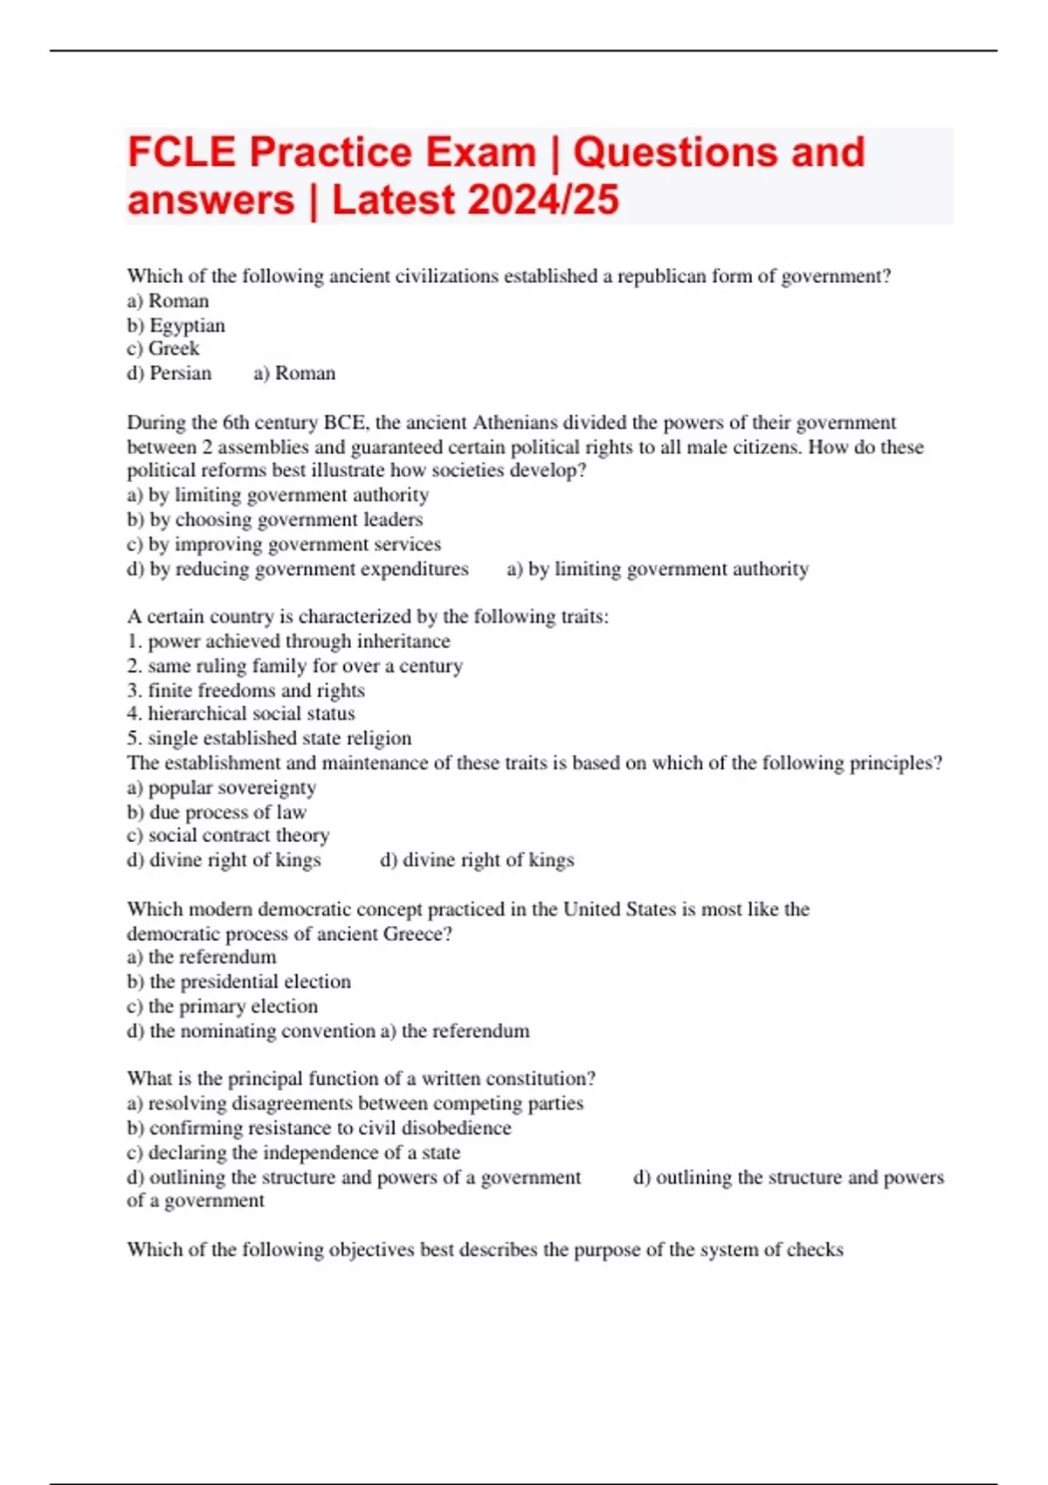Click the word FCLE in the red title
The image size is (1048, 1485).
[x=181, y=153]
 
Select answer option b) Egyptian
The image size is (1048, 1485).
[x=176, y=325]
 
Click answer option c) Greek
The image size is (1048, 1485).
[x=163, y=349]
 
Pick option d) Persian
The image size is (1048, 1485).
[x=169, y=373]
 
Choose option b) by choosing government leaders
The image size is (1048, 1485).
[x=275, y=520]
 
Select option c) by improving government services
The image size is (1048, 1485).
[x=284, y=544]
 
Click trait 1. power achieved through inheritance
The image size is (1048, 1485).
[x=288, y=641]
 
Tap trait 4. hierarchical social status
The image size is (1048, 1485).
[x=241, y=714]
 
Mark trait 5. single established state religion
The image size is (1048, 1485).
[x=269, y=738]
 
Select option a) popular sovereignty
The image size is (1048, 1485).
[x=222, y=787]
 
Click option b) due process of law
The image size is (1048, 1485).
[x=217, y=812]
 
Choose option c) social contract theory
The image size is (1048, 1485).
[x=228, y=835]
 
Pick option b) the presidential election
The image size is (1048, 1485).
[x=239, y=982]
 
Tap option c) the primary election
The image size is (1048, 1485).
[x=223, y=1006]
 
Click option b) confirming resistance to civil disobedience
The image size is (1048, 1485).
[x=320, y=1128]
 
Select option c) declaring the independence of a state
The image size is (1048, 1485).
[x=293, y=1152]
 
